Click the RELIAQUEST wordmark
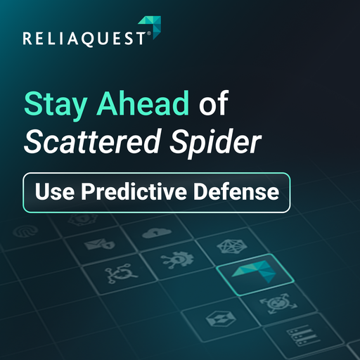[85, 39]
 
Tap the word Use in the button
[52, 192]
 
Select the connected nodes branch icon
[114, 275]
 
